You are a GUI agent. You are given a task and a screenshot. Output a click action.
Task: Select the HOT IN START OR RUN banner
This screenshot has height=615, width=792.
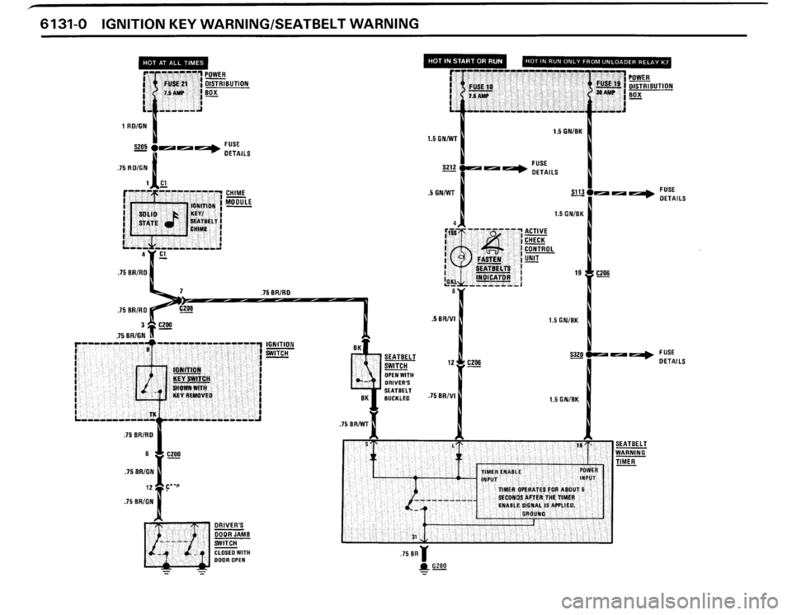pos(469,59)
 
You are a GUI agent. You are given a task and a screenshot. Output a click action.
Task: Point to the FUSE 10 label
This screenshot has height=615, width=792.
pos(481,86)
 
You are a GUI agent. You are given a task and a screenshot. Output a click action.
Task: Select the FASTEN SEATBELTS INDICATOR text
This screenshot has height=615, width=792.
pos(494,266)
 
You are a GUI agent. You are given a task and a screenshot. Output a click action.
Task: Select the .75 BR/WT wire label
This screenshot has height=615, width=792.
pos(355,425)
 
